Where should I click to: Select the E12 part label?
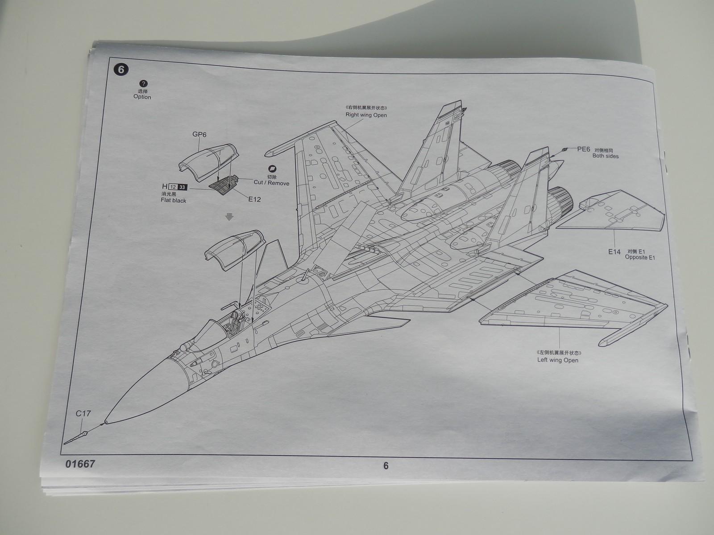pos(254,199)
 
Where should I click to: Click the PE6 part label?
pos(583,149)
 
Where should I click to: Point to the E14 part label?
pos(614,252)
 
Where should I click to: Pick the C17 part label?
pos(83,413)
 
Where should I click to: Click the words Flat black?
pos(174,201)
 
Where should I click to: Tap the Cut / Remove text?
pos(271,183)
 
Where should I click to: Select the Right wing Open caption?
pos(366,115)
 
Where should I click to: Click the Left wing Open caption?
pos(558,360)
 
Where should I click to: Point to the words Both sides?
pos(605,156)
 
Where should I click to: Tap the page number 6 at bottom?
pos(386,466)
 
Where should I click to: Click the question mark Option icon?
pos(143,84)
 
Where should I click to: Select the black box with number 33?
pos(183,187)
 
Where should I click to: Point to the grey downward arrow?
pos(229,217)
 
